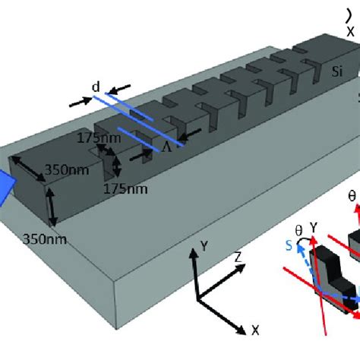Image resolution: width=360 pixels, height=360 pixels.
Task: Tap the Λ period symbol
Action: tap(166, 148)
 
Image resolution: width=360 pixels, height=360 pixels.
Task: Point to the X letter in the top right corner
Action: tap(350, 32)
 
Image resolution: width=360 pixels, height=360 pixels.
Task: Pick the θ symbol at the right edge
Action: tap(352, 196)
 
